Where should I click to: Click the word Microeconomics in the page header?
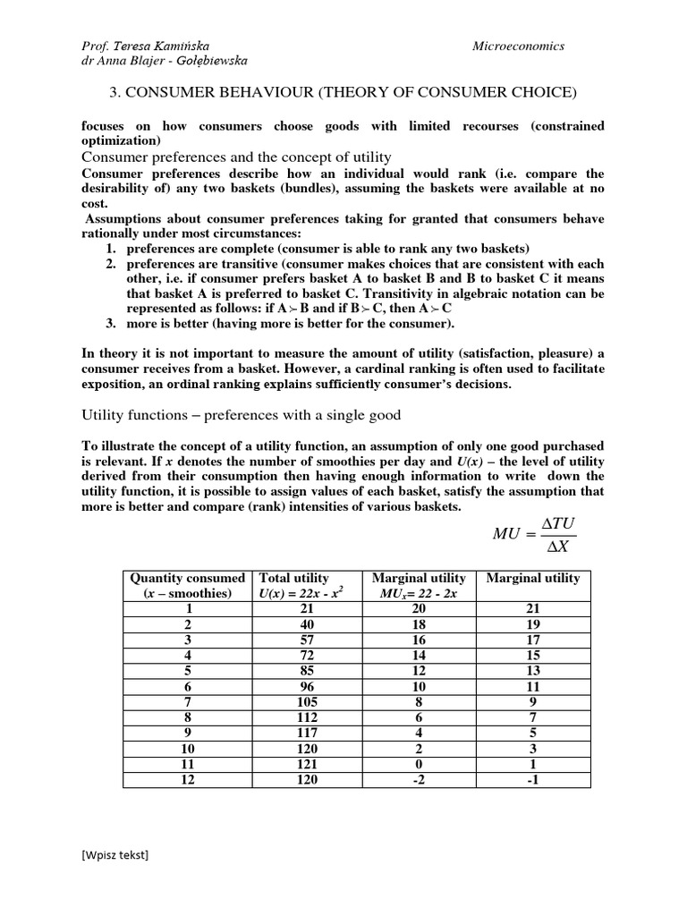(x=518, y=46)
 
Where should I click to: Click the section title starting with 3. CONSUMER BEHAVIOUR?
(x=343, y=92)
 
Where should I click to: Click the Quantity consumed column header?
(x=187, y=578)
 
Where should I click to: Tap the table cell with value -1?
(x=532, y=779)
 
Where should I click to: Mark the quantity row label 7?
(x=187, y=703)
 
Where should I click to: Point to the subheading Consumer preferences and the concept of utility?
(x=236, y=157)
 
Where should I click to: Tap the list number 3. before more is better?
(x=111, y=323)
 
